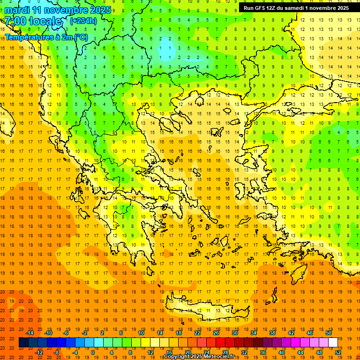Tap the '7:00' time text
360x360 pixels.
15,21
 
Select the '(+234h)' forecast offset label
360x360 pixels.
83,21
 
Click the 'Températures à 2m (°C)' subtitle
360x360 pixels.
46,37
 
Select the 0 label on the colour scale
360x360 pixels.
93,352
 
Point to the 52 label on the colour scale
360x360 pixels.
338,352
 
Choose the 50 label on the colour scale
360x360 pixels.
329,333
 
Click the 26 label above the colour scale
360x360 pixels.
216,333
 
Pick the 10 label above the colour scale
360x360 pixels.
141,333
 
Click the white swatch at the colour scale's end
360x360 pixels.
333,343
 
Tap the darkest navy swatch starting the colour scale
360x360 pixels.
23,343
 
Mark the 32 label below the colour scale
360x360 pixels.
244,352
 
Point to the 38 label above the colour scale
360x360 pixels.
272,333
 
